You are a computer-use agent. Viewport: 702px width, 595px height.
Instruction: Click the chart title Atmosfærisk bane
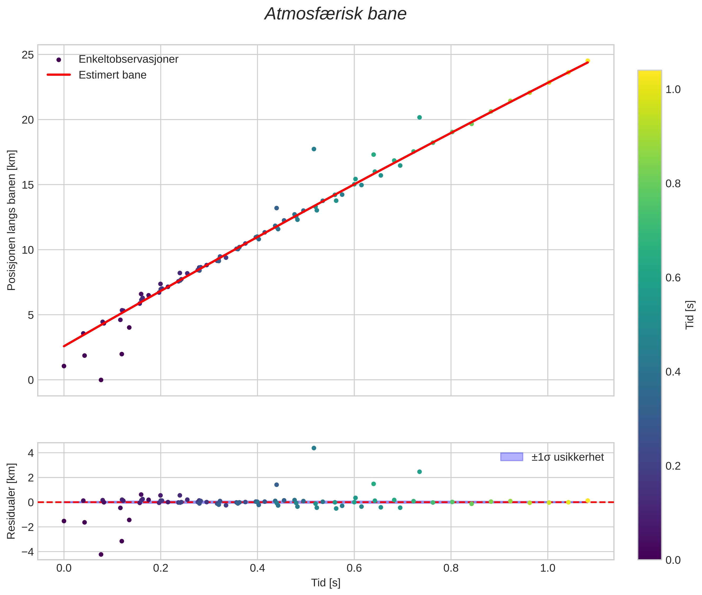pyautogui.click(x=335, y=14)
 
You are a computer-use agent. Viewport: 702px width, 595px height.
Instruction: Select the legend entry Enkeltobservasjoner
pyautogui.click(x=128, y=59)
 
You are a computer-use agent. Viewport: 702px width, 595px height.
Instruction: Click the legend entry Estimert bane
pyautogui.click(x=112, y=75)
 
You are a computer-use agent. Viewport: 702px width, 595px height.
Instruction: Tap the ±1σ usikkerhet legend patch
pyautogui.click(x=512, y=457)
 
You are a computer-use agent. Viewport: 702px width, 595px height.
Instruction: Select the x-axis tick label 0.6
pyautogui.click(x=354, y=568)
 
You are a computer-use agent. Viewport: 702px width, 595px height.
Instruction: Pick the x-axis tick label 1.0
pyautogui.click(x=548, y=568)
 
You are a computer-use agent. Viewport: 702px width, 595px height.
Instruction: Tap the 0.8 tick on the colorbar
pyautogui.click(x=673, y=184)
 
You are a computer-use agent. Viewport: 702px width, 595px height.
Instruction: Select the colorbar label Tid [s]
pyautogui.click(x=690, y=315)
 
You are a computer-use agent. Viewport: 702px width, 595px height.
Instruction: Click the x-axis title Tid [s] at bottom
pyautogui.click(x=326, y=583)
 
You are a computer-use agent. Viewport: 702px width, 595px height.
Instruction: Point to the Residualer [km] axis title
pyautogui.click(x=11, y=501)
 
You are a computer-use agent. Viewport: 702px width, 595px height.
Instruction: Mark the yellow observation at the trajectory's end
pyautogui.click(x=587, y=61)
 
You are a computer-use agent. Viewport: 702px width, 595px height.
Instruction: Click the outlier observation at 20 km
pyautogui.click(x=419, y=117)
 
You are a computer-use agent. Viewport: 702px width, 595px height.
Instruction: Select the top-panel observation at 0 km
pyautogui.click(x=101, y=380)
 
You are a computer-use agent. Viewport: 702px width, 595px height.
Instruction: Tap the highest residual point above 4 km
pyautogui.click(x=314, y=448)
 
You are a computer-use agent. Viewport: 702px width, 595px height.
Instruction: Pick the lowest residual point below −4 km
pyautogui.click(x=101, y=554)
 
